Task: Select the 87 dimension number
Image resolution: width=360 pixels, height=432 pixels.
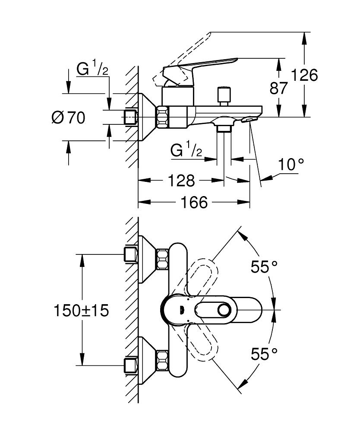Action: coord(278,88)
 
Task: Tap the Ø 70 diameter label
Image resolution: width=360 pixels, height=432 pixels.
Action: coord(68,117)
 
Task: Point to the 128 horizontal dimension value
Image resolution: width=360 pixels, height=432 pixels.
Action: coord(181,181)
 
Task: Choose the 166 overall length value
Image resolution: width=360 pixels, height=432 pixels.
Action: coord(194,202)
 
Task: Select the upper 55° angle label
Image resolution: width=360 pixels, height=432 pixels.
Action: coord(264,267)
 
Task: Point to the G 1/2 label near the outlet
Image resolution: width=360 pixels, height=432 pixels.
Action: coord(186,150)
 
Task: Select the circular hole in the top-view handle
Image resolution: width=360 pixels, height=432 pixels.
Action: coord(224,310)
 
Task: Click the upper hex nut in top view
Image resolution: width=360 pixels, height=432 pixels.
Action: coord(162,258)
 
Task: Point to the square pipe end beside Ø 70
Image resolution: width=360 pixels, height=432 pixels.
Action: coord(130,117)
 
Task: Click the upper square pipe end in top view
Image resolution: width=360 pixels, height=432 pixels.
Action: coord(130,254)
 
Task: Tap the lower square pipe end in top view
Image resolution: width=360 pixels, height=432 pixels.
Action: coord(130,365)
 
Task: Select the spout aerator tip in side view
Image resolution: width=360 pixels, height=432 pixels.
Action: coord(250,119)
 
